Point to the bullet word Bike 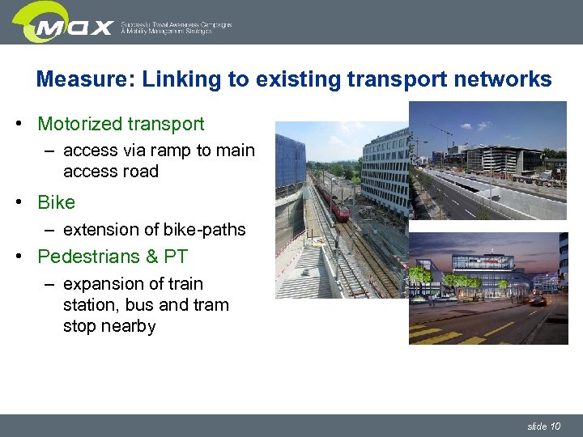[x=56, y=202]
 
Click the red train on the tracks [x=336, y=206]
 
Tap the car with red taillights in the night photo [x=537, y=300]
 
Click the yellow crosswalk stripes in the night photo [x=437, y=333]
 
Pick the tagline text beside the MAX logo [x=176, y=28]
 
